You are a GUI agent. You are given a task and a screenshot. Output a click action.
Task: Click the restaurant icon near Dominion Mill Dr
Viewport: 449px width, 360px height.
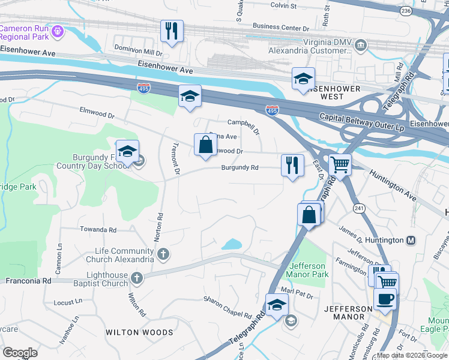point(172,31)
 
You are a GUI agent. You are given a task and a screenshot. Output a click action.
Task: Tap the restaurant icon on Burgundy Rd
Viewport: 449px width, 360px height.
point(292,164)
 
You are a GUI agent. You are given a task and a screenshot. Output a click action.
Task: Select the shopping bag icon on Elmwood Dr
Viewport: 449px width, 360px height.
point(205,145)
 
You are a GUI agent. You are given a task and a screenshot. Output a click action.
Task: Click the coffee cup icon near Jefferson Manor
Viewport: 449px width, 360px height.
point(385,298)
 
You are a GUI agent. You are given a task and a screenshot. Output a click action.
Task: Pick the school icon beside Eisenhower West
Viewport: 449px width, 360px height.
point(303,79)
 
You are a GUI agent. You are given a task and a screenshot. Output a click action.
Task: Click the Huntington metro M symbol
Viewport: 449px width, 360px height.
point(411,240)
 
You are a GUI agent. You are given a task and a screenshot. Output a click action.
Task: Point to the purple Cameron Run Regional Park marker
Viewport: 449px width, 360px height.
point(57,31)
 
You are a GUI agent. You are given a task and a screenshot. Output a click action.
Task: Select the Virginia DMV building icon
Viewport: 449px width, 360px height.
point(360,45)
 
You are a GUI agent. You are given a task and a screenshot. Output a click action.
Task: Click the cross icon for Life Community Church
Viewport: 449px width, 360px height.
point(162,255)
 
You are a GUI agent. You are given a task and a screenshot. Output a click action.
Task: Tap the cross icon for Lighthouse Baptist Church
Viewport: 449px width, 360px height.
point(137,278)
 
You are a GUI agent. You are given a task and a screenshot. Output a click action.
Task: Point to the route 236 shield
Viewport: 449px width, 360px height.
point(406,11)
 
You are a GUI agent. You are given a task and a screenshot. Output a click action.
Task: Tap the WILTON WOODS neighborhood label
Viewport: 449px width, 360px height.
point(139,332)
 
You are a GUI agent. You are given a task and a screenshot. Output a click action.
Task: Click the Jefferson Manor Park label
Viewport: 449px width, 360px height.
point(309,270)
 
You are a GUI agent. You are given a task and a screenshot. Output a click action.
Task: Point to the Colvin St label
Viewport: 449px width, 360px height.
point(283,5)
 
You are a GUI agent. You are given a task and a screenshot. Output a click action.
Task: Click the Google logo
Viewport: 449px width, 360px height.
point(20,353)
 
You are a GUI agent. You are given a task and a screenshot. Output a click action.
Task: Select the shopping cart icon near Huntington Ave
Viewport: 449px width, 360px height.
point(340,163)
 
